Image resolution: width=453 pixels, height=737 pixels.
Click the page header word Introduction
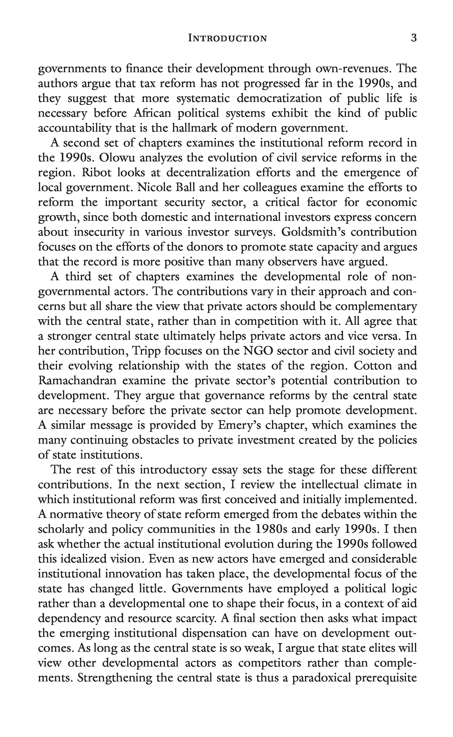pos(227,38)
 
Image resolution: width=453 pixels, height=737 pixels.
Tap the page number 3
pos(413,38)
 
